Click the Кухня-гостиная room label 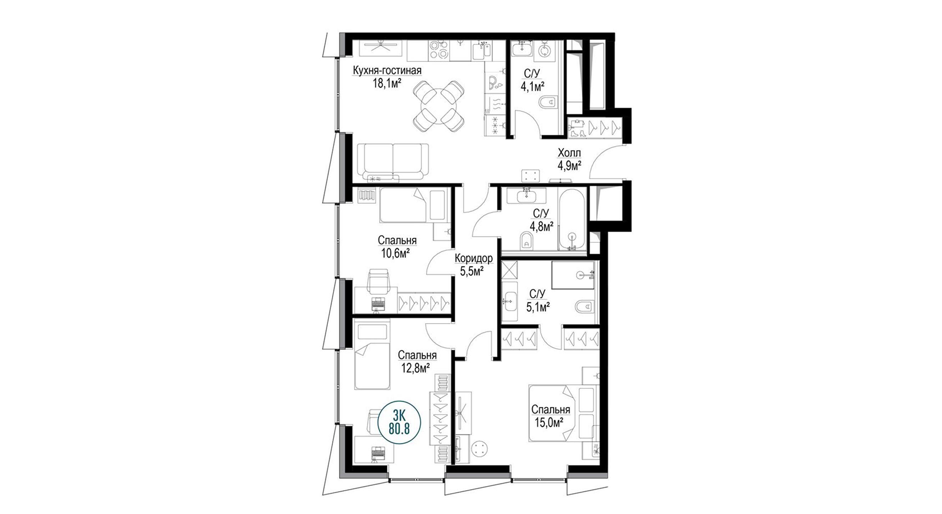click(x=387, y=71)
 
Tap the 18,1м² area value click(x=387, y=84)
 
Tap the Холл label click(x=569, y=154)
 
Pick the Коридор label click(x=473, y=259)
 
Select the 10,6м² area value click(x=395, y=253)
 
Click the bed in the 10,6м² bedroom click(x=414, y=206)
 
